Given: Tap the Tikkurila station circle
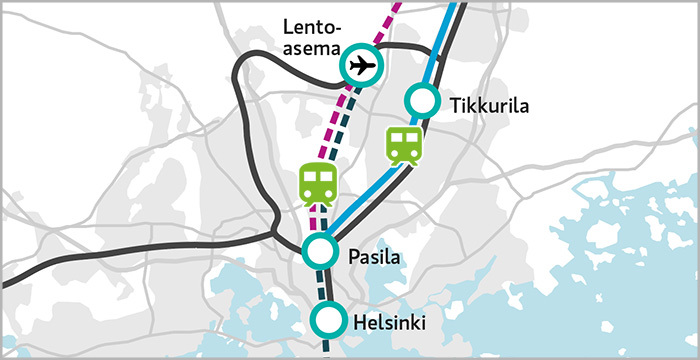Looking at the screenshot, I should point(422,100).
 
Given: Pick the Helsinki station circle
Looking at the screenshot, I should point(327,320).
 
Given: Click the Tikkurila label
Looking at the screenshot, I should point(488,106).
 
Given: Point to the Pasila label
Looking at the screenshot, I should point(374,258).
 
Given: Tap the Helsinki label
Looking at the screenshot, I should point(391,323).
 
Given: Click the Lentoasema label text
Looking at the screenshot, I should point(312,38).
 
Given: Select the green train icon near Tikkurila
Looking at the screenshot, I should point(404,145).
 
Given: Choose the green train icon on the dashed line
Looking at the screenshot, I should point(318,185).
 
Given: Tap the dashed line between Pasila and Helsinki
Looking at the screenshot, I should point(324,284).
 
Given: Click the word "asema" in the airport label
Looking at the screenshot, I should point(312,49).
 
